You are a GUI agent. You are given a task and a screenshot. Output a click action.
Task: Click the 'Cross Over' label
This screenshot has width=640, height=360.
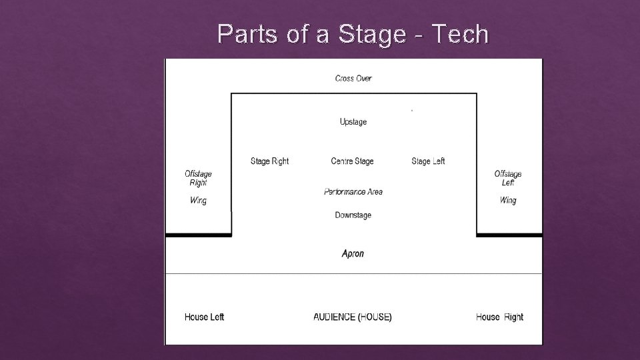click(x=353, y=79)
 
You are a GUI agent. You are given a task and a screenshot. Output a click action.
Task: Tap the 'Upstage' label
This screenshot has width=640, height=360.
click(x=353, y=122)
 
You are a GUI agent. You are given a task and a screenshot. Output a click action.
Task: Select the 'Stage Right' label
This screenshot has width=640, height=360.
click(x=269, y=161)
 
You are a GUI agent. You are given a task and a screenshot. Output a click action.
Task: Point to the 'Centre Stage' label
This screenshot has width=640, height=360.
click(x=352, y=161)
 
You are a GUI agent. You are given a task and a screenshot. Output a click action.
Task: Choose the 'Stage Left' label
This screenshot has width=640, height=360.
click(x=428, y=161)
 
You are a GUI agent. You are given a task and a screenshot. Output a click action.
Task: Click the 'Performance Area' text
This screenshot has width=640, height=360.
click(x=353, y=192)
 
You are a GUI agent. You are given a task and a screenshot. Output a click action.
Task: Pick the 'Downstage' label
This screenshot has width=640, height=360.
click(x=353, y=215)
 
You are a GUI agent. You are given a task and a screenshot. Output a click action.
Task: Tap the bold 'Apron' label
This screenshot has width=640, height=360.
click(x=353, y=254)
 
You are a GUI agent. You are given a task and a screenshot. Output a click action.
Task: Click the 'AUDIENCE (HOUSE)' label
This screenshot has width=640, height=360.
click(x=353, y=317)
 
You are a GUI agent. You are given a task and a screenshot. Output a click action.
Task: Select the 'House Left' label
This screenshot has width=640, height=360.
click(x=204, y=317)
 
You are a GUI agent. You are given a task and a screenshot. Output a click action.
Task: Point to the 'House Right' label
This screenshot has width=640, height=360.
click(x=499, y=317)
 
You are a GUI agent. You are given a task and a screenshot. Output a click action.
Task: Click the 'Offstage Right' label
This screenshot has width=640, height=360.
click(x=198, y=179)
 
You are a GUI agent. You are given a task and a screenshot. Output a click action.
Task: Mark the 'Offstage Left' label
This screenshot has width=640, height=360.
click(x=508, y=179)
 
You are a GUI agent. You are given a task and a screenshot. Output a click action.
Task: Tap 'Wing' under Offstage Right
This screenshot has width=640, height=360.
click(x=198, y=201)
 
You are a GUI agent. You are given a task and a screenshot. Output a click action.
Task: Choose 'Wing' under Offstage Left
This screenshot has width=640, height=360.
click(x=508, y=201)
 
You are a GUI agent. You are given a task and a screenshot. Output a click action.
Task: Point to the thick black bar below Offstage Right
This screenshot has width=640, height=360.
click(x=198, y=235)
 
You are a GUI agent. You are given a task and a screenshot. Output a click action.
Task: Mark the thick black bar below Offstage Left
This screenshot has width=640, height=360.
click(x=509, y=235)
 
